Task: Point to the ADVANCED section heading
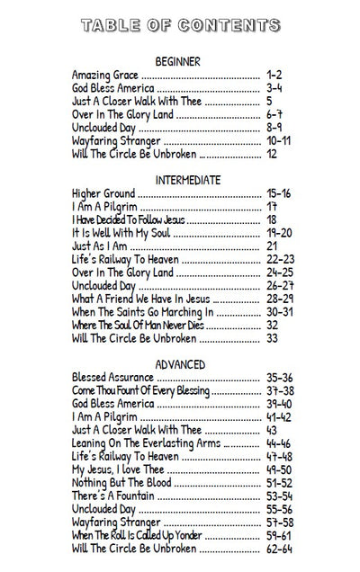[180, 364]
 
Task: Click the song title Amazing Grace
[105, 76]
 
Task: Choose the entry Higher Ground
[103, 193]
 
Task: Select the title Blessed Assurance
[113, 378]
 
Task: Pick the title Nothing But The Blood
[121, 483]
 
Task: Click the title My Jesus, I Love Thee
[118, 469]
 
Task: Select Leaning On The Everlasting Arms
[146, 443]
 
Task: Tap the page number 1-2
[274, 76]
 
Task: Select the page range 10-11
[279, 141]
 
